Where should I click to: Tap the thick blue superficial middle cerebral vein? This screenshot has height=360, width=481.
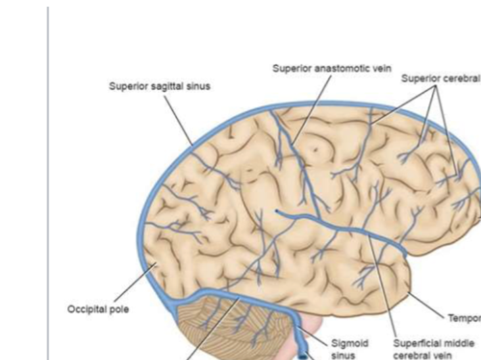[342, 227]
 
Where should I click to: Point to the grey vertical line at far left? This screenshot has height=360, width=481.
[48, 184]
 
